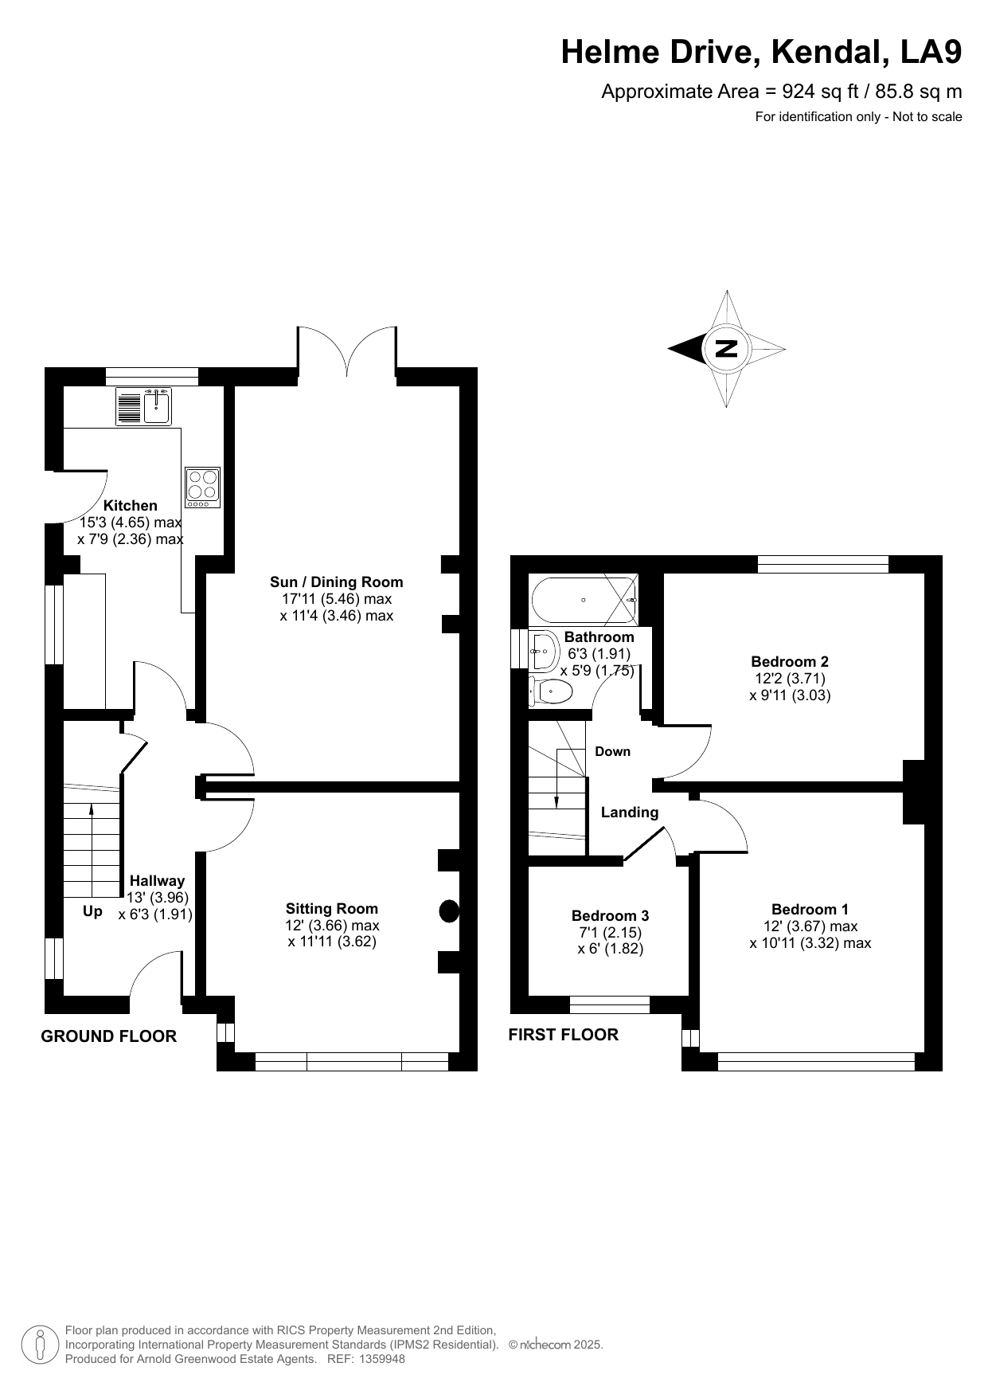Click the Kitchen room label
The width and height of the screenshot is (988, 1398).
(x=131, y=505)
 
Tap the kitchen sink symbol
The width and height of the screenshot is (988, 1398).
(x=144, y=405)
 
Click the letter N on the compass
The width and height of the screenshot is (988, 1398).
(x=726, y=348)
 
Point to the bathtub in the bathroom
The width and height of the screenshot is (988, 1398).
(x=584, y=600)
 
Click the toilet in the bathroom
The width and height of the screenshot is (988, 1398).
(x=551, y=691)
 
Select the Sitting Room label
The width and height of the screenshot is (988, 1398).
(x=332, y=908)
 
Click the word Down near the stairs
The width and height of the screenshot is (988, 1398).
(x=613, y=751)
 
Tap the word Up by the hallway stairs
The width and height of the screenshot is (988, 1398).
(x=93, y=911)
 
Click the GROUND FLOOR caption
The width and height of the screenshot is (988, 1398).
(x=109, y=1036)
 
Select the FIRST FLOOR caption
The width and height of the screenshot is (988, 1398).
(x=564, y=1034)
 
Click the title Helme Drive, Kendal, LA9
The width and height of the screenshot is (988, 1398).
(x=762, y=53)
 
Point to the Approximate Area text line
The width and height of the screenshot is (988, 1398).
(x=782, y=92)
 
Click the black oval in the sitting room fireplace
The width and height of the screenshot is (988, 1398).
(x=450, y=911)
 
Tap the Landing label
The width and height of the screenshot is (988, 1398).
(x=630, y=813)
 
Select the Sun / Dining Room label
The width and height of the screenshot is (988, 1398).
(x=337, y=582)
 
